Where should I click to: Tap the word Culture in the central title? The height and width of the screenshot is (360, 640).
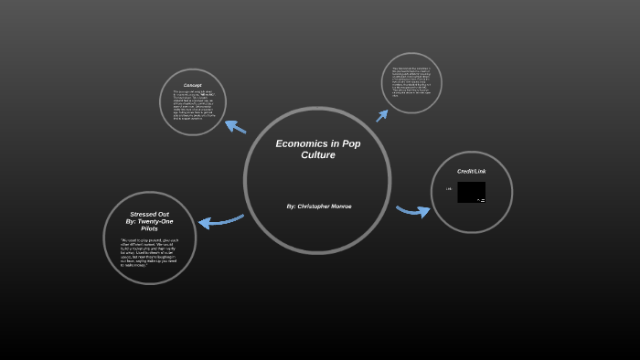[x=318, y=155]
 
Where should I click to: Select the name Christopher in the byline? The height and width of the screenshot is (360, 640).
[x=316, y=206]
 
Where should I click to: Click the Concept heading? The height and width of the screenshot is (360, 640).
[x=192, y=86]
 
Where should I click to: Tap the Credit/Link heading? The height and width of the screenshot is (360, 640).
[x=472, y=171]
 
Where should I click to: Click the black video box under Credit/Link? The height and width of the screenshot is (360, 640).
[x=471, y=192]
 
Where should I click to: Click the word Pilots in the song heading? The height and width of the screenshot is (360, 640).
[x=150, y=228]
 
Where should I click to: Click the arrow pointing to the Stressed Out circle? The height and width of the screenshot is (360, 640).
[x=220, y=220]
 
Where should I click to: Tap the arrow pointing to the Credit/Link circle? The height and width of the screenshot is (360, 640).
[x=412, y=211]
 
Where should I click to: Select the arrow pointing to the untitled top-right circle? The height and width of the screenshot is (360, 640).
[x=382, y=113]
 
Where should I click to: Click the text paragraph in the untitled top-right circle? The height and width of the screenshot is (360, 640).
[x=411, y=81]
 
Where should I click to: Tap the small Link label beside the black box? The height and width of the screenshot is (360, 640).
[x=449, y=189]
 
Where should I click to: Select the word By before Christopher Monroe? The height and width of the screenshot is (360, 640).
[x=291, y=206]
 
